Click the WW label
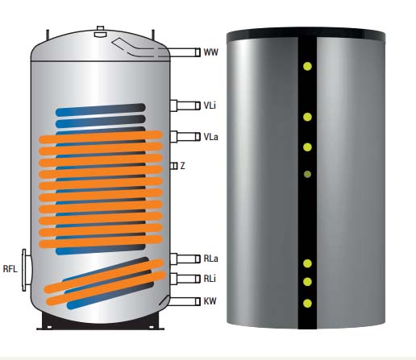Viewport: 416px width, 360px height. click(x=211, y=52)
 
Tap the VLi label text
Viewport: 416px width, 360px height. click(x=210, y=106)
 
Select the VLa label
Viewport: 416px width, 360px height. click(x=211, y=137)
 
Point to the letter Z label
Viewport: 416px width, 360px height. click(x=183, y=166)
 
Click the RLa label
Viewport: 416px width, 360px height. click(x=211, y=259)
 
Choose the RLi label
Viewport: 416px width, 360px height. click(x=210, y=279)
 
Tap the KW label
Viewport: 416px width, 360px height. click(x=210, y=301)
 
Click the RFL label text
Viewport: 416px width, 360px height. click(x=10, y=269)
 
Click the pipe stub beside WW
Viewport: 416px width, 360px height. click(x=185, y=52)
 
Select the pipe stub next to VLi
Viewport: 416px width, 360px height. click(x=185, y=106)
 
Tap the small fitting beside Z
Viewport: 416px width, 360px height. click(x=174, y=166)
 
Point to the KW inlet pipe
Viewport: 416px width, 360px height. click(x=183, y=301)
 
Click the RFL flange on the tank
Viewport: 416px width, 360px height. click(x=26, y=270)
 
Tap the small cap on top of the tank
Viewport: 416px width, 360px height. click(x=101, y=31)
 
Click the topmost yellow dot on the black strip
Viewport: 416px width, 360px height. click(x=307, y=66)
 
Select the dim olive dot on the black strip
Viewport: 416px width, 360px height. click(x=307, y=175)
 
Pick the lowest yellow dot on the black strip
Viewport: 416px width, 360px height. click(x=307, y=304)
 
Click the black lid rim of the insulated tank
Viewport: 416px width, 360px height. click(x=306, y=34)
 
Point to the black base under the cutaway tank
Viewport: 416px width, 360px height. click(x=100, y=322)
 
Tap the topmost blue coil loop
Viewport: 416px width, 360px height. click(x=101, y=110)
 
